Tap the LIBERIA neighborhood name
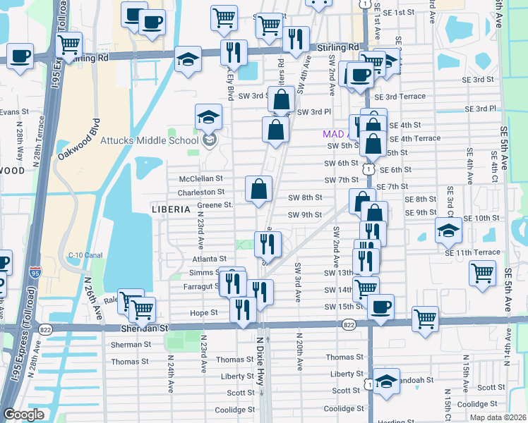[x=170, y=209]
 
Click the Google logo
[x=23, y=415]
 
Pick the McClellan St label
[x=200, y=179]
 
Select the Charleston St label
[x=200, y=192]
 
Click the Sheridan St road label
[x=145, y=328]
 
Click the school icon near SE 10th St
[x=448, y=231]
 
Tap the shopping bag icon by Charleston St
[x=259, y=189]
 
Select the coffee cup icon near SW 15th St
[x=380, y=307]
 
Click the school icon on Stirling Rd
[x=188, y=59]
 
